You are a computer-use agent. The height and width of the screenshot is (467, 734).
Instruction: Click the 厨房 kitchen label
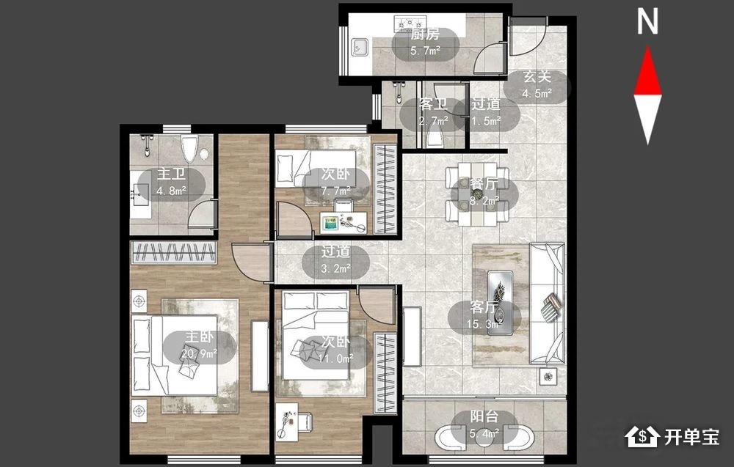tap(425, 34)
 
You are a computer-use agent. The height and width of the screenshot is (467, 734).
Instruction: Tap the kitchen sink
tap(360, 47)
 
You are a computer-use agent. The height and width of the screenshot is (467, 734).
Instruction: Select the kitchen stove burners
tap(410, 22)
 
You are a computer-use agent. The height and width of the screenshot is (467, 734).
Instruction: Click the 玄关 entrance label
tap(537, 77)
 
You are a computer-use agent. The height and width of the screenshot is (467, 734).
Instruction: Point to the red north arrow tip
tap(648, 46)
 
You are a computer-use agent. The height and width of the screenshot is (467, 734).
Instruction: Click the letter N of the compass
tap(648, 22)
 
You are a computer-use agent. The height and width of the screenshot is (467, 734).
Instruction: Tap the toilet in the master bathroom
tap(190, 149)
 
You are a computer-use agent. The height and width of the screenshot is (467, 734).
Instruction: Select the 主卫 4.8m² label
tap(171, 183)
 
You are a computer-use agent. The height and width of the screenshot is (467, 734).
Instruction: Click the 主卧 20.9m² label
tap(199, 345)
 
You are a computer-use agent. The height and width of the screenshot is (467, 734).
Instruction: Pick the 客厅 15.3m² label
tap(484, 315)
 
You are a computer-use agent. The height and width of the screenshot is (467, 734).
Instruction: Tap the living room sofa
tap(547, 303)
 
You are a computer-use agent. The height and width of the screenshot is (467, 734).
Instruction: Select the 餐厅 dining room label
tap(484, 183)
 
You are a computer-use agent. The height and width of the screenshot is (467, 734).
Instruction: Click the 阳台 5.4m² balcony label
tap(484, 424)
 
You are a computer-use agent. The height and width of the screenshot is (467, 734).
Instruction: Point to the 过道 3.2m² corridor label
tap(335, 260)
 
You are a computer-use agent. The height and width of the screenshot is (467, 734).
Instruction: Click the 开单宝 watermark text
tap(691, 437)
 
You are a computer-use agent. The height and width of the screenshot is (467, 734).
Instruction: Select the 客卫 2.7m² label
tap(434, 112)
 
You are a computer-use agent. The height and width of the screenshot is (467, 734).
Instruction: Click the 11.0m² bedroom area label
tap(335, 358)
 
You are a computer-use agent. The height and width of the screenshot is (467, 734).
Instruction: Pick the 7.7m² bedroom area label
tap(335, 191)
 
